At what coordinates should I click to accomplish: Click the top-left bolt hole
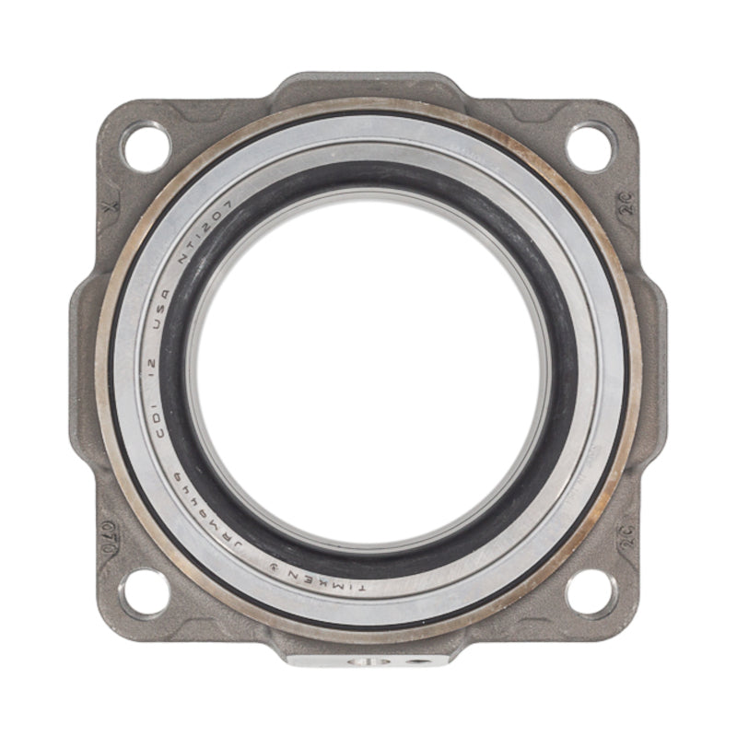pyautogui.click(x=146, y=147)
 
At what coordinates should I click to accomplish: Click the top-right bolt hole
pyautogui.click(x=591, y=147)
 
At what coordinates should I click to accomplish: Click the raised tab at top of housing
pyautogui.click(x=368, y=86)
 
